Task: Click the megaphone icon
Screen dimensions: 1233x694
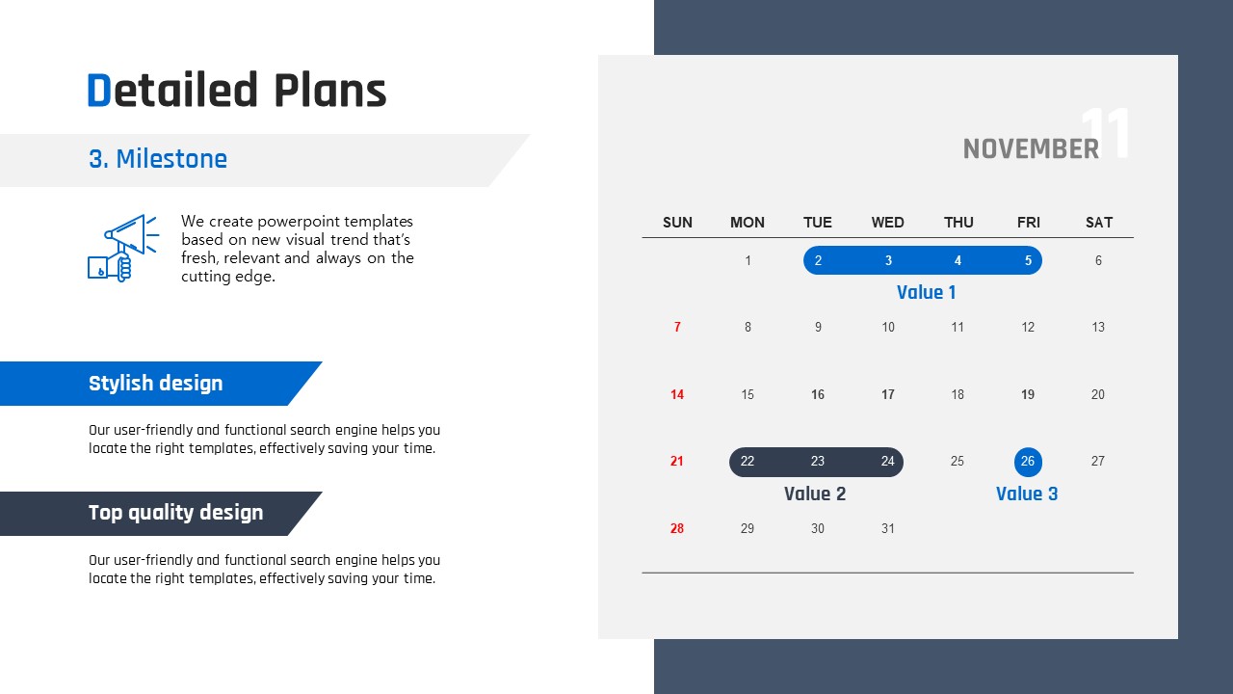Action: (123, 248)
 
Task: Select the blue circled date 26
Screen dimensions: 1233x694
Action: (1028, 462)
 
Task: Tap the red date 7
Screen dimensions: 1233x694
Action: (677, 327)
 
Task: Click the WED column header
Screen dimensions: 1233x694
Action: (887, 223)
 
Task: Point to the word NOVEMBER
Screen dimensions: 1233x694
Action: (1031, 148)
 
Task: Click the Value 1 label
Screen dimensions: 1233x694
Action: (926, 292)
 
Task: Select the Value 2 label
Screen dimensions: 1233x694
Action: (815, 494)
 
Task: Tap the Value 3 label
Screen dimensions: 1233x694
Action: (1027, 494)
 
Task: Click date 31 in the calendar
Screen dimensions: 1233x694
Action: (887, 529)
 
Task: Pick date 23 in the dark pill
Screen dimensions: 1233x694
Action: (818, 461)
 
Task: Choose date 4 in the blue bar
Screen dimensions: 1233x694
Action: (958, 260)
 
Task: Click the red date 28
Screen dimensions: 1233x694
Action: (677, 529)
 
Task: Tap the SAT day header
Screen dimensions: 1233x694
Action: (1099, 223)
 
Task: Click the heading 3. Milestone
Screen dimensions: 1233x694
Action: (158, 159)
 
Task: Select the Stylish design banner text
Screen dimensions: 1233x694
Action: (156, 384)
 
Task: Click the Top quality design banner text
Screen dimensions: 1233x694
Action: (176, 513)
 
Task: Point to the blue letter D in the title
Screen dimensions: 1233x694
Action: (99, 90)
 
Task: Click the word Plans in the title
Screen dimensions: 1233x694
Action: (330, 90)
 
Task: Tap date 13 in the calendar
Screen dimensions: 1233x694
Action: (1098, 327)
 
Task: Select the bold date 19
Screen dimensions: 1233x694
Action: (1028, 394)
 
